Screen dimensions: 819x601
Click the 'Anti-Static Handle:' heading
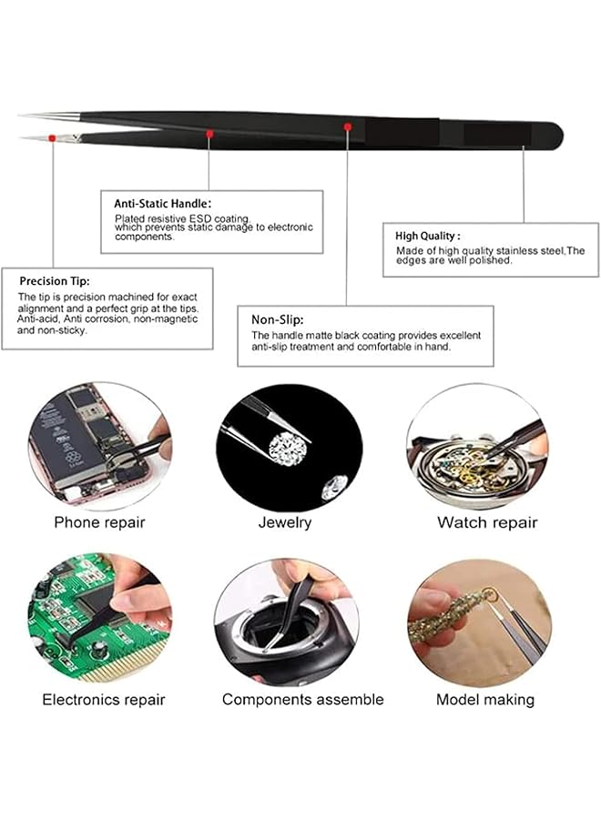[x=162, y=204]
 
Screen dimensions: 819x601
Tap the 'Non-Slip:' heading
[x=277, y=320]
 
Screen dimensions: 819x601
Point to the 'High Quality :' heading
[x=428, y=235]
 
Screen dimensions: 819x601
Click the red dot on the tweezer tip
[x=53, y=137]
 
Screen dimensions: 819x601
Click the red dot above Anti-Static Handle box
[x=209, y=134]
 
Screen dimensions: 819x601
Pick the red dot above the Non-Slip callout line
[x=348, y=126]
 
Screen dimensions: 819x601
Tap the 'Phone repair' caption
[x=99, y=522]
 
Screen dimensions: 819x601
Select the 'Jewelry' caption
[x=284, y=522]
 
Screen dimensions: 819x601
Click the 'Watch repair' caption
[x=486, y=522]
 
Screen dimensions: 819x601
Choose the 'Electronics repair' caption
[x=104, y=700]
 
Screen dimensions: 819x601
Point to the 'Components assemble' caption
[x=302, y=700]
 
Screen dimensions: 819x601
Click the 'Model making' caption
[x=484, y=700]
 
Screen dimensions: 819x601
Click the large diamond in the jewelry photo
[x=288, y=448]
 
